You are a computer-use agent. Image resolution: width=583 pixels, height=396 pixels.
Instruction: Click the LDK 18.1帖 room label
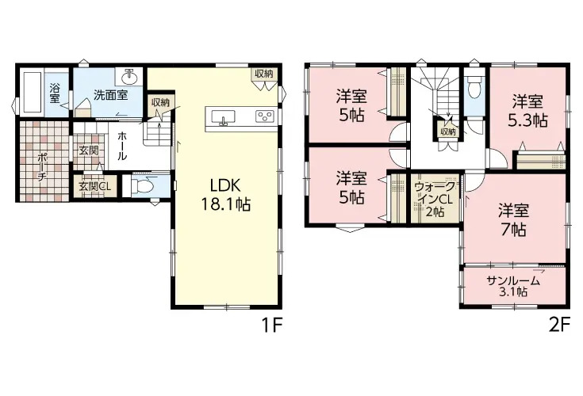point(226,195)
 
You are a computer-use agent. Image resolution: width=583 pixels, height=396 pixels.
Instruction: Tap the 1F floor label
point(273,325)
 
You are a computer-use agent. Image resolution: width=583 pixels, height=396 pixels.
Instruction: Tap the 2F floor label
point(559,325)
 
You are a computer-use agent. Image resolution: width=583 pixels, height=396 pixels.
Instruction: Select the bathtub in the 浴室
point(32,92)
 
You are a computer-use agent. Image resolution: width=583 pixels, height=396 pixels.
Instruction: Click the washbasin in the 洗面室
point(129,78)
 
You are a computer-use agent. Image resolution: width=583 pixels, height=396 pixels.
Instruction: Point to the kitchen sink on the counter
point(223,117)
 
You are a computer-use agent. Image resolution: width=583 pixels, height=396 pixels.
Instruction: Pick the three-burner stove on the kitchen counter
point(265,116)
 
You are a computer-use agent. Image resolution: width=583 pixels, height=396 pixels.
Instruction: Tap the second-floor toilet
point(474,87)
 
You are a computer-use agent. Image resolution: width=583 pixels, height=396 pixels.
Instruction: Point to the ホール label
point(122,147)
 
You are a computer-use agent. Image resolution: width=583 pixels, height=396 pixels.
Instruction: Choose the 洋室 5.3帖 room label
point(527,111)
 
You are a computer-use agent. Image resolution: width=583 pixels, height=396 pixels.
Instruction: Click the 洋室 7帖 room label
point(513,219)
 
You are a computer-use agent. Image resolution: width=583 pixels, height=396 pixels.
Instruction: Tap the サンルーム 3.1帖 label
point(513,286)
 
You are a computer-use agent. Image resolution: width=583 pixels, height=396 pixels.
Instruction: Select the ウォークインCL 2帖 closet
point(435,199)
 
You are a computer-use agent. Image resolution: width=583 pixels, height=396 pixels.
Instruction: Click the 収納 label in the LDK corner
point(263,74)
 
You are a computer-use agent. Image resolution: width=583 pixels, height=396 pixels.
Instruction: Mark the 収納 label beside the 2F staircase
point(448,131)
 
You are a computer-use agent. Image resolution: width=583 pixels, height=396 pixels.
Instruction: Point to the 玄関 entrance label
point(89,151)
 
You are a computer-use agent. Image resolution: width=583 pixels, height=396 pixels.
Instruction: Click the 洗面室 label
point(111,95)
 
